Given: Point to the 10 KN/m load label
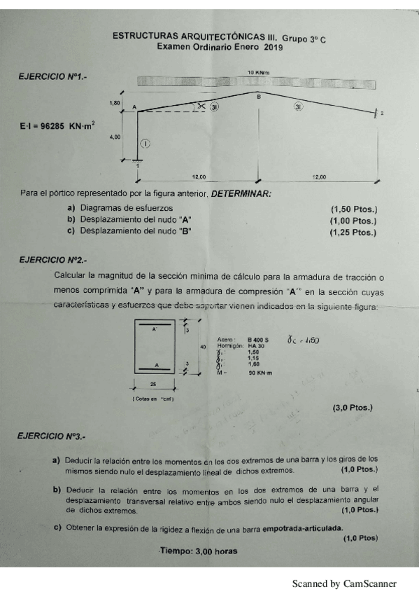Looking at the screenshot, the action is tap(258, 72).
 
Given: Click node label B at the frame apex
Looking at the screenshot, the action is tap(258, 97).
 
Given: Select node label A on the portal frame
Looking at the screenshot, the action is tap(134, 107).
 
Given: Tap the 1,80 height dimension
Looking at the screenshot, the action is tap(115, 103).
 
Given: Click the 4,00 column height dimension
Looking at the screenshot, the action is tap(115, 137).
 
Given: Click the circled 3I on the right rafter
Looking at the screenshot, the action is tap(299, 107).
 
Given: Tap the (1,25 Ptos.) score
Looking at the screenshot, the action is tap(353, 231).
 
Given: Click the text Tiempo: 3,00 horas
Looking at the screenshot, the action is tap(199, 551).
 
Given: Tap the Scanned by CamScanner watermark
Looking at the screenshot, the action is tap(344, 583).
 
